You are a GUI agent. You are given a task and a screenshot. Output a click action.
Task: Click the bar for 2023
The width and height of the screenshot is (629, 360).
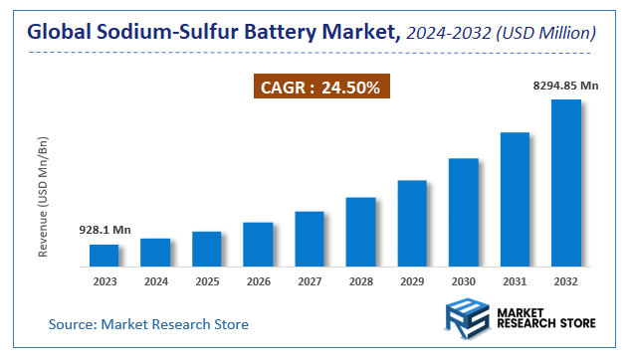point(105,256)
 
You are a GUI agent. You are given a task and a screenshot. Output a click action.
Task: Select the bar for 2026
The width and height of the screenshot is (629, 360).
point(258,245)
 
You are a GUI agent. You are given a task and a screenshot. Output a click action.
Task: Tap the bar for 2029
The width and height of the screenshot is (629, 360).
point(412,224)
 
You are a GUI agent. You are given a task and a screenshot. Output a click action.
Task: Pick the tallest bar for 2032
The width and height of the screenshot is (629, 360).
point(565,183)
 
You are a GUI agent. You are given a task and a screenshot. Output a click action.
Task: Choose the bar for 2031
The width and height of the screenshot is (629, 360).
point(515,200)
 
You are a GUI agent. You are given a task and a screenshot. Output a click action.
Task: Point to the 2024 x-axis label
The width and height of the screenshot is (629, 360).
point(155,281)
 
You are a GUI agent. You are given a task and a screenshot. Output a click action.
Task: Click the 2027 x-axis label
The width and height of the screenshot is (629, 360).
point(310,281)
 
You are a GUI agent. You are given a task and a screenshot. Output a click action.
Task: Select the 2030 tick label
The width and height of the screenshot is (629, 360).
point(463,281)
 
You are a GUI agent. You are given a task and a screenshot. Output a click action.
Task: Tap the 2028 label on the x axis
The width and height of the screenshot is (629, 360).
point(360,281)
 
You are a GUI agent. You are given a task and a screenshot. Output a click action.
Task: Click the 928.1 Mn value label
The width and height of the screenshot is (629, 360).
point(105,230)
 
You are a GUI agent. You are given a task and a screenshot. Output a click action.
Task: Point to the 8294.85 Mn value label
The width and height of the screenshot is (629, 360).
point(565,87)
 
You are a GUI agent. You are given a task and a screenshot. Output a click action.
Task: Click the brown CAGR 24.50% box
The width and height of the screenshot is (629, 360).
point(320,88)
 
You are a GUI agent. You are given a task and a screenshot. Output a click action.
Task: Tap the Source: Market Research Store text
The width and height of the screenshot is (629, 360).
point(149,324)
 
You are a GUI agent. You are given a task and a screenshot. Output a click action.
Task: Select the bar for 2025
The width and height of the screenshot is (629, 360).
point(207,249)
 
